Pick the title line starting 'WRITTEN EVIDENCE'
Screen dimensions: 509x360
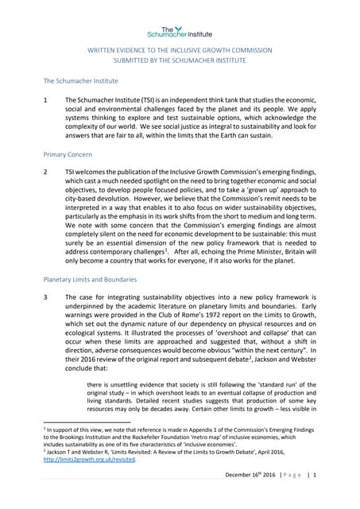point(179,50)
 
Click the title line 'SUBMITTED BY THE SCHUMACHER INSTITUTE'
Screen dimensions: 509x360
point(179,61)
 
